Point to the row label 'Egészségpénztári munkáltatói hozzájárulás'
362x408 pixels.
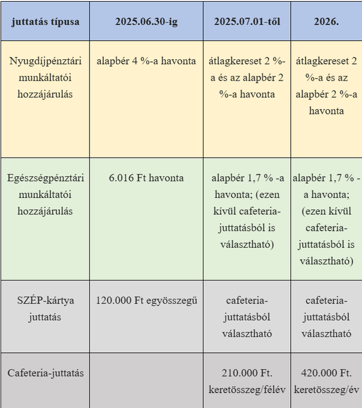45,194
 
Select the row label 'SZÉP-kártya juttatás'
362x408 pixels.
45,308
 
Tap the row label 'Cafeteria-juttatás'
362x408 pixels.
45,373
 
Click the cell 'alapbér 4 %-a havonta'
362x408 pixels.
146,60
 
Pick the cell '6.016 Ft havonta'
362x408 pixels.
146,178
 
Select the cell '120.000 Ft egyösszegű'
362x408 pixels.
146,300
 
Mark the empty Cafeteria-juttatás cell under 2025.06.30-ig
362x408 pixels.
146,380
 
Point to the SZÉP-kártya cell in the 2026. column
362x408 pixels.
326,317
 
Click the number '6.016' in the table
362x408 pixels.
122,178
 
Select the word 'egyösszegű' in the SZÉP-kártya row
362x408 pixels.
173,300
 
